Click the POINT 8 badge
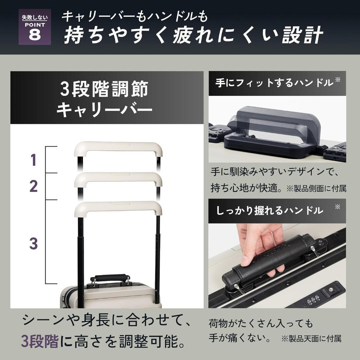point(35,27)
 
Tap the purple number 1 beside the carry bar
point(33,160)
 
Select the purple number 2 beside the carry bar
point(33,187)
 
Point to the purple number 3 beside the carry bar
point(33,244)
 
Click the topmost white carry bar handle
point(118,147)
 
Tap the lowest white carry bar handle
point(118,207)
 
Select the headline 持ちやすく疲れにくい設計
point(193,36)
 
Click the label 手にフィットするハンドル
point(274,83)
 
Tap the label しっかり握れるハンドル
point(269,210)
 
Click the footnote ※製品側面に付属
point(316,189)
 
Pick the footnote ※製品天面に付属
point(311,339)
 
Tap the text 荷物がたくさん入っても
point(261,323)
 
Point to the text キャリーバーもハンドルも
point(135,16)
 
